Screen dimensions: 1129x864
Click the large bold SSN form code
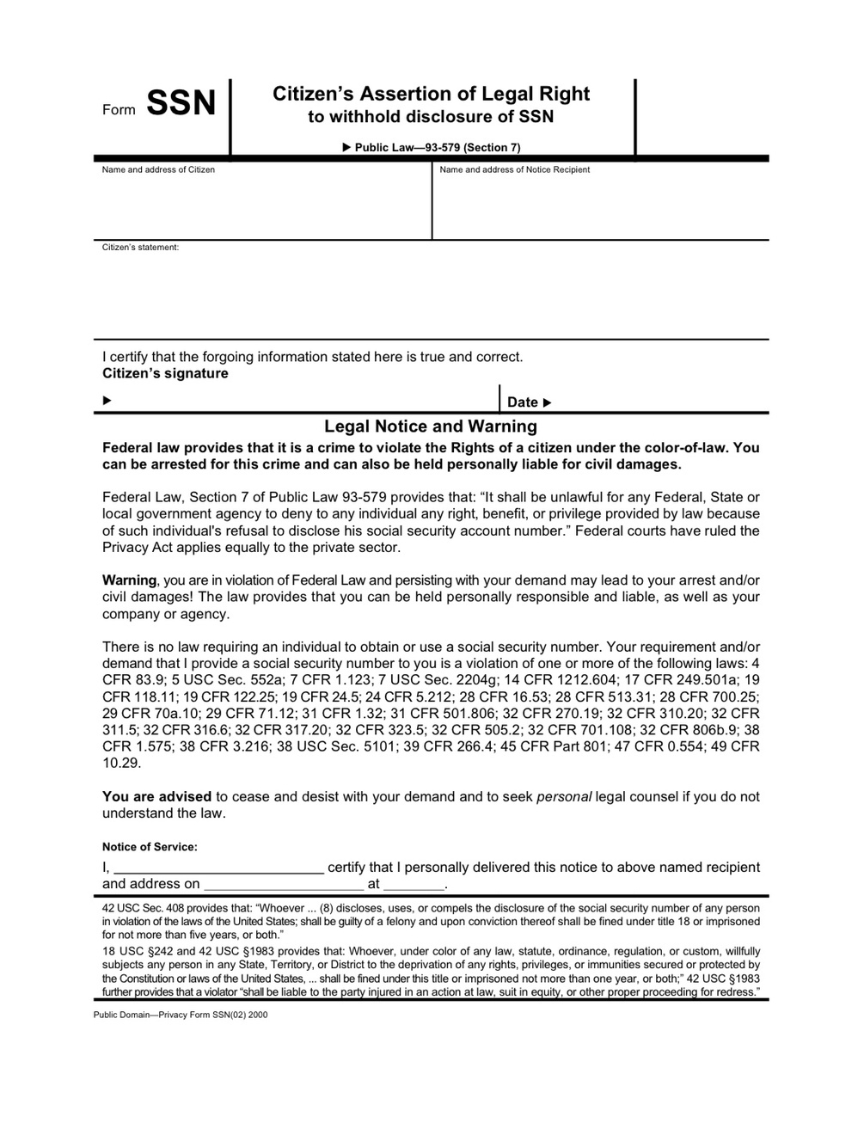181,104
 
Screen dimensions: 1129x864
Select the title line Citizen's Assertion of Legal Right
431,94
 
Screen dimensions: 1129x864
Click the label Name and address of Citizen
158,169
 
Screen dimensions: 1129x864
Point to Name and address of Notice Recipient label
514,169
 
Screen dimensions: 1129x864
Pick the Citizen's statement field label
140,248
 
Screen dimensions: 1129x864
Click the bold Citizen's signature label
165,373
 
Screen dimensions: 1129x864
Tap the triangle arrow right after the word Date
548,402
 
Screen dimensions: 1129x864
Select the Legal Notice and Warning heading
431,426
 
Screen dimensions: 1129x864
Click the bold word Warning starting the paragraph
129,580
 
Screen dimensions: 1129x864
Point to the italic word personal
564,796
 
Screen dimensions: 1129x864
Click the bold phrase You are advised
157,796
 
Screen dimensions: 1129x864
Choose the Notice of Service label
150,847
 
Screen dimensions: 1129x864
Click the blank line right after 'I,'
218,868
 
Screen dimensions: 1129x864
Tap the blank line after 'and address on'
284,885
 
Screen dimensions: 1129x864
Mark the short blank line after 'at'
414,885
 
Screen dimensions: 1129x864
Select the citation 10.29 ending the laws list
121,763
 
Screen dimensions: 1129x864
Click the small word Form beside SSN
119,110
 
